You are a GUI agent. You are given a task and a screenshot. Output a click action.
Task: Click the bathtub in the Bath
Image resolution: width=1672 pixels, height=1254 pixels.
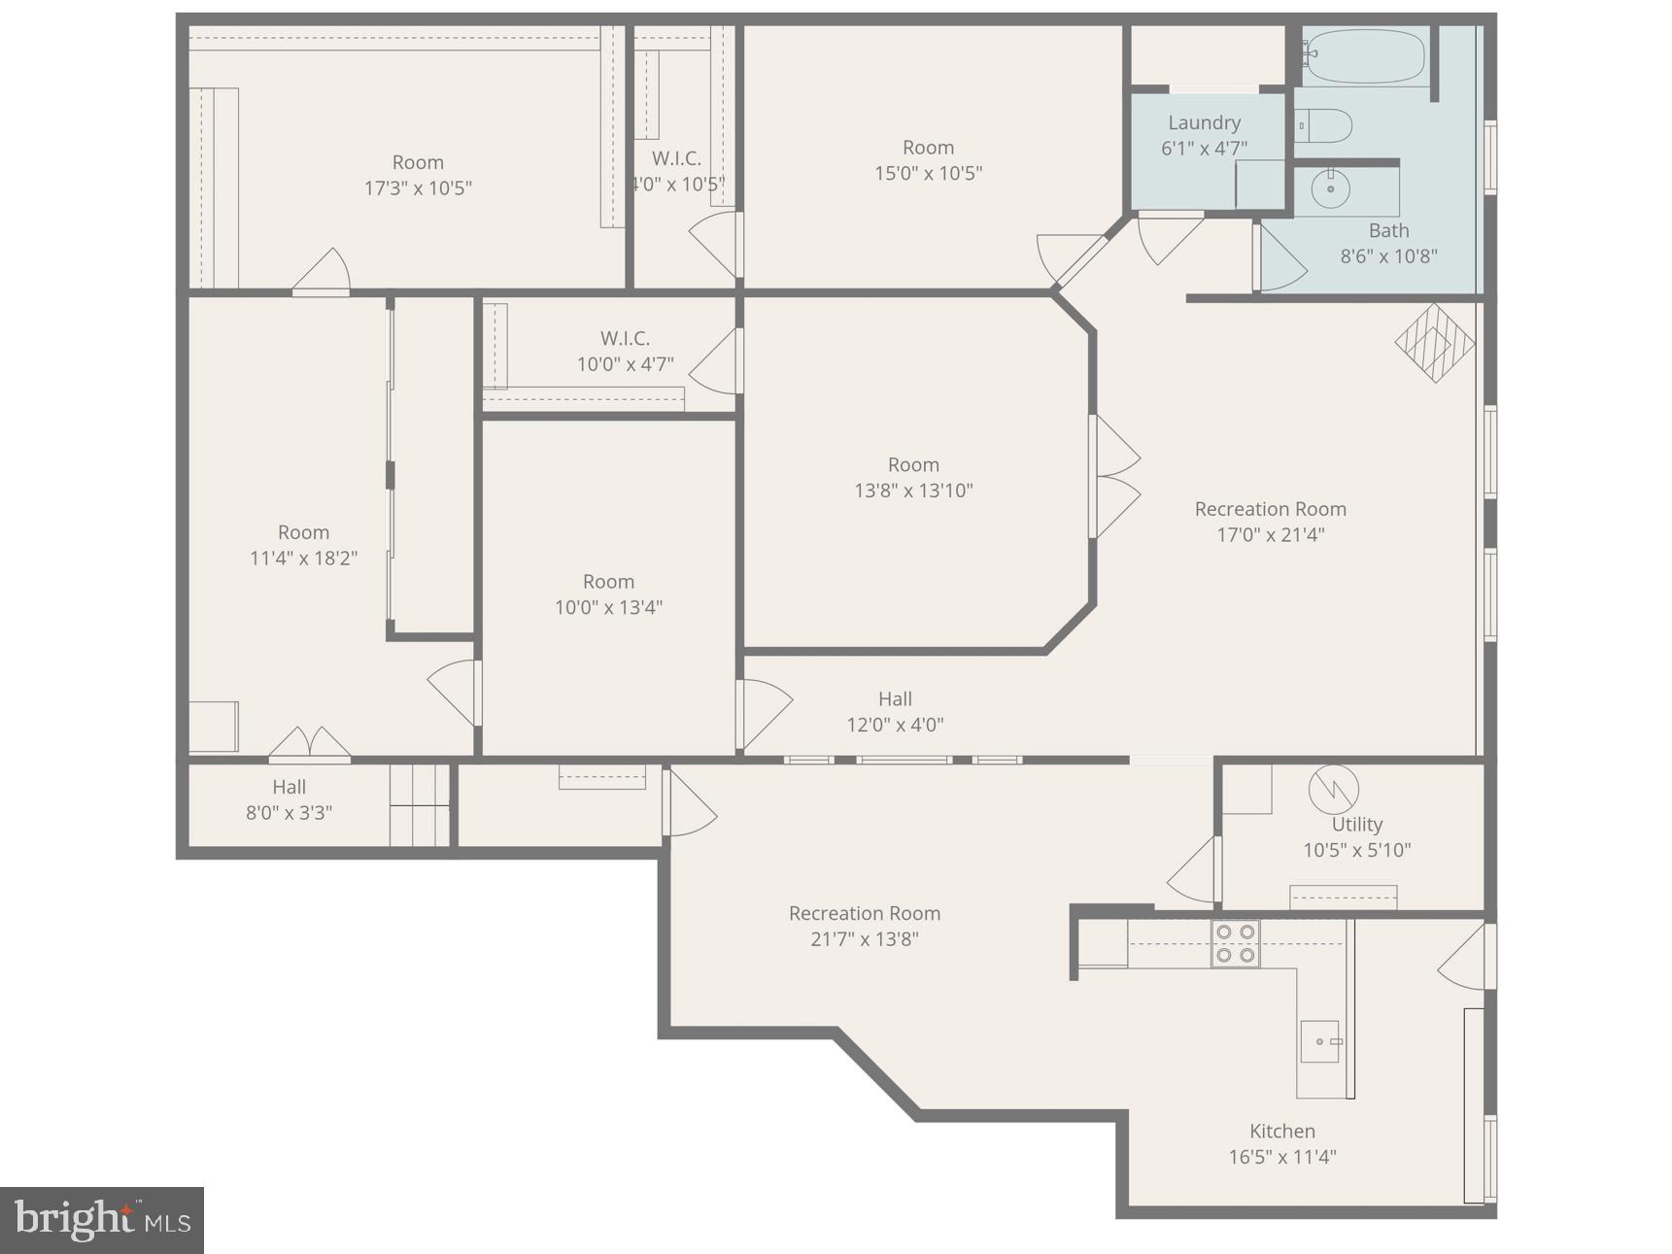1365,56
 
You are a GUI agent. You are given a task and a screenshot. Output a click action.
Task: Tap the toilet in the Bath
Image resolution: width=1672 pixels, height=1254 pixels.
1325,125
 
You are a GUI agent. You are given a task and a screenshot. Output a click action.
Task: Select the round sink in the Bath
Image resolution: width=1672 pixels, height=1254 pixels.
1330,189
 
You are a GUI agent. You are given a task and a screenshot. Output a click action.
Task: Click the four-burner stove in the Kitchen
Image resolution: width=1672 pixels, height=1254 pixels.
1235,943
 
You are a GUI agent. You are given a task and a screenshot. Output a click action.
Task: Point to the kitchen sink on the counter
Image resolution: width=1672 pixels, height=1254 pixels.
1320,1041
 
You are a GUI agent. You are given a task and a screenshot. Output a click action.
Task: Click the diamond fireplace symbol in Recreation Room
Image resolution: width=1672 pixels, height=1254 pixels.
1434,344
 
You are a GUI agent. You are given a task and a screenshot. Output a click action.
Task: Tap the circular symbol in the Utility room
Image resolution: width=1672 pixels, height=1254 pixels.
1333,790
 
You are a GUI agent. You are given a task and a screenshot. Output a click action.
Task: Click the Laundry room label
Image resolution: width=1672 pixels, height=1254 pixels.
1204,122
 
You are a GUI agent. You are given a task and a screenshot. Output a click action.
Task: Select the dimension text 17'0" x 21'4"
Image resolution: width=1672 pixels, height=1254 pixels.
1270,534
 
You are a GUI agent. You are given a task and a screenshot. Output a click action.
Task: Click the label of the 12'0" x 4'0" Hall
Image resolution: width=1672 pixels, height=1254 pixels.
895,699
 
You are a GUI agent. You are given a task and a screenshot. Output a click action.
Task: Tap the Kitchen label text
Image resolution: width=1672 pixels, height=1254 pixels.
1281,1131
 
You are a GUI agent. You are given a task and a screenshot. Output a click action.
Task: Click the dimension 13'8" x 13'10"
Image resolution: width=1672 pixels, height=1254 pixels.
913,491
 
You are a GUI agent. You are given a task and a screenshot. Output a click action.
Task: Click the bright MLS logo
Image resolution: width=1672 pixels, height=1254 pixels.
102,1219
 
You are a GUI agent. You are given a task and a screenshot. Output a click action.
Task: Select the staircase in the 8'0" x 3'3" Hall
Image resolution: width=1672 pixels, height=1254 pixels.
420,805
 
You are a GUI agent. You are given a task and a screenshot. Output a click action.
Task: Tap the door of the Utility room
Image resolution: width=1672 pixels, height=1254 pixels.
1193,869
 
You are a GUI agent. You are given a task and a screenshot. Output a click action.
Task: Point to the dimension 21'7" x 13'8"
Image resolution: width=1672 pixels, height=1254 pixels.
864,939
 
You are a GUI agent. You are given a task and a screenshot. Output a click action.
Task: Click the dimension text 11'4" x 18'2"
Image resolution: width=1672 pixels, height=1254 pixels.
303,559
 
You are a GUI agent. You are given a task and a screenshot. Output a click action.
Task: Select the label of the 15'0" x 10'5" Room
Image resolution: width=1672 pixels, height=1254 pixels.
928,148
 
